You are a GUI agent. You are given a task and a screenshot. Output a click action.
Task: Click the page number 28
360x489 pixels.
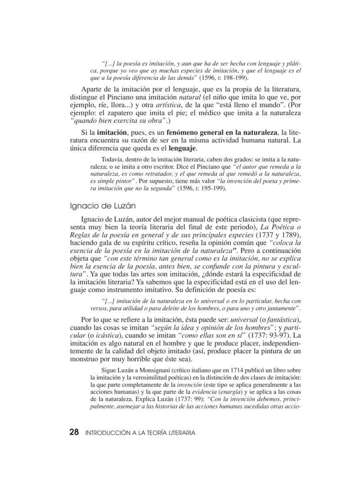(x=74, y=432)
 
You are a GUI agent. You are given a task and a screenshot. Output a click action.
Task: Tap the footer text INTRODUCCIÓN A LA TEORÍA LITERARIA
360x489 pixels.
(x=140, y=433)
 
